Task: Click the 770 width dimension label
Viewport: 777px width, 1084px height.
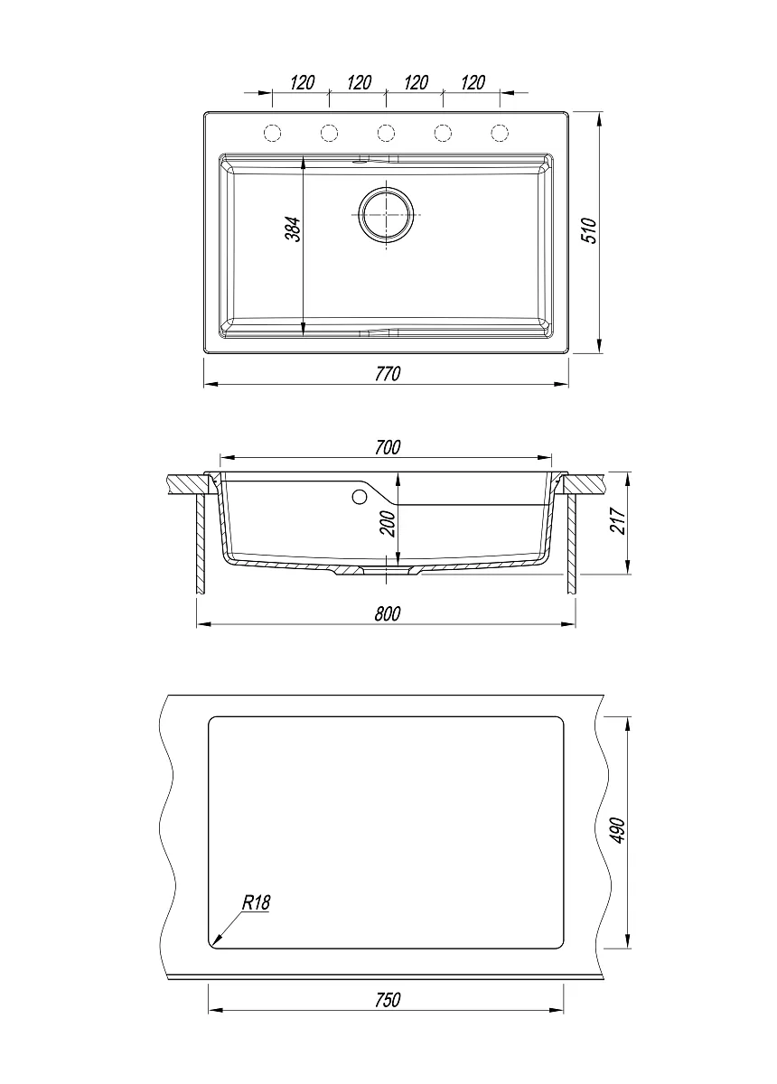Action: [x=388, y=374]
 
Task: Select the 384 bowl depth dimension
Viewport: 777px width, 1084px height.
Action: [x=294, y=229]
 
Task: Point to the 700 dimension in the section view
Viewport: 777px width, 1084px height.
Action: [x=388, y=447]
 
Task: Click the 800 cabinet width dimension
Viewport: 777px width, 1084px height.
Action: [x=388, y=613]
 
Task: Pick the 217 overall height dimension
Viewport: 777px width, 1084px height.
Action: [x=618, y=521]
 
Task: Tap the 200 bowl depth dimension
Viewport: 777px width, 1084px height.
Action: [x=388, y=524]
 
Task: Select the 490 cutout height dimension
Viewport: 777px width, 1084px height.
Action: [x=618, y=831]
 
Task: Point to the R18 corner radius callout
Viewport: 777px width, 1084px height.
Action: [x=256, y=902]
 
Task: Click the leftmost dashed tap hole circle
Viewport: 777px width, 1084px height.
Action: [x=273, y=133]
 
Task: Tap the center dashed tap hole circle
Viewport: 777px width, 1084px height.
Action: [x=387, y=133]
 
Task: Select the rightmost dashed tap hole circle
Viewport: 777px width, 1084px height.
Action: [x=500, y=133]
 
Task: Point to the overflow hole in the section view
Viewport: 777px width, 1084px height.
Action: [x=360, y=497]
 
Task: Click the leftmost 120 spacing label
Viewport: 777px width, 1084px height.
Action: [x=303, y=82]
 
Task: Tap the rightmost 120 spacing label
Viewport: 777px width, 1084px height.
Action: [x=473, y=82]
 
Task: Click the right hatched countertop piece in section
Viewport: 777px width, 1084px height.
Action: [x=585, y=484]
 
